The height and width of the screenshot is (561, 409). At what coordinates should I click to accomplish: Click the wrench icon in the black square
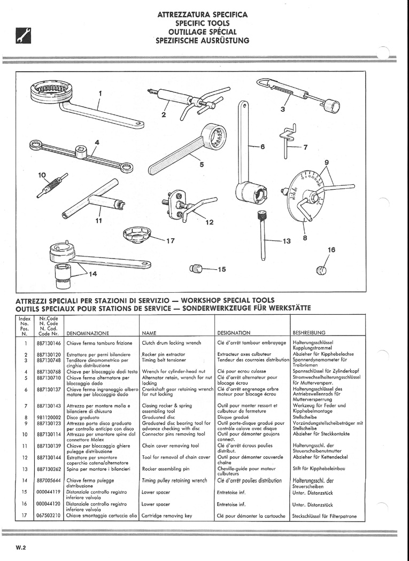(24, 36)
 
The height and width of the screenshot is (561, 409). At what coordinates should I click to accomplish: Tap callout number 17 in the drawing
(171, 241)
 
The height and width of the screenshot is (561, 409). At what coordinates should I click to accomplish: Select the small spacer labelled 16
(321, 270)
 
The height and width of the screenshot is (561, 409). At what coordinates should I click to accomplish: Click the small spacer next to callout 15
(196, 268)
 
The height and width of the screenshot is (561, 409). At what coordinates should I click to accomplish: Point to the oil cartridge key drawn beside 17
(137, 235)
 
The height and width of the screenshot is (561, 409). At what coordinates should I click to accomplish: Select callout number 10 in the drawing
(42, 175)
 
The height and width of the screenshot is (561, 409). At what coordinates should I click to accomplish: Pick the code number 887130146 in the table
(49, 343)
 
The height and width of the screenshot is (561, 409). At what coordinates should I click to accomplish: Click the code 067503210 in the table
(49, 516)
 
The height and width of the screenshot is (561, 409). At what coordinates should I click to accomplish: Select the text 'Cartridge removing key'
(167, 516)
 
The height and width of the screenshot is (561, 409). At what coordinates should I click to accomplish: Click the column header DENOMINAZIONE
(88, 333)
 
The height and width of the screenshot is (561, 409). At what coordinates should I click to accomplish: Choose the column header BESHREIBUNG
(309, 333)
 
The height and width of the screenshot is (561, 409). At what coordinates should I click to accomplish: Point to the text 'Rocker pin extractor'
(164, 354)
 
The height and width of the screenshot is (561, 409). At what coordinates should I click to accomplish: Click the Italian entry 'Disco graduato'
(83, 417)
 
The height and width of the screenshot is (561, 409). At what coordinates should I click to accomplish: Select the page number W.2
(21, 548)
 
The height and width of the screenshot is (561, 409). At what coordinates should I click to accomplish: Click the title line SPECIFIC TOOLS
(202, 24)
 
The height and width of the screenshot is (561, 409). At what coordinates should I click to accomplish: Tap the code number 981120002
(49, 417)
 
